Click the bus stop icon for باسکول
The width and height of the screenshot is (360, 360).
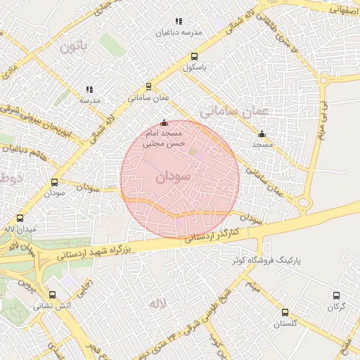click(194, 57)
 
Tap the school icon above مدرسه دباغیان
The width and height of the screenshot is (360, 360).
click(179, 21)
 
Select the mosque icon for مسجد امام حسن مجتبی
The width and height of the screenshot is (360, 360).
click(165, 122)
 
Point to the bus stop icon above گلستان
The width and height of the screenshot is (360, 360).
click(285, 312)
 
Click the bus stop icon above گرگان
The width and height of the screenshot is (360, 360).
click(335, 296)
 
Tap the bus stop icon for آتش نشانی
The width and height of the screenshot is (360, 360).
click(53, 295)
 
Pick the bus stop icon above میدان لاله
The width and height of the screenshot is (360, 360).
click(19, 219)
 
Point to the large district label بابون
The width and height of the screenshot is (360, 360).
click(76, 49)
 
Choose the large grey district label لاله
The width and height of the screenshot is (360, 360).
click(157, 304)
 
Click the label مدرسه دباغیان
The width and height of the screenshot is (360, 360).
click(182, 33)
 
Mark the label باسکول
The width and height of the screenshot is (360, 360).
click(195, 68)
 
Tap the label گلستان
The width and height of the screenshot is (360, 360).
click(286, 323)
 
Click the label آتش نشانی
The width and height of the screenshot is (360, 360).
click(53, 307)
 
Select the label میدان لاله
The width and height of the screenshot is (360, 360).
click(19, 230)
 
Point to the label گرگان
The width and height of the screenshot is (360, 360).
click(335, 307)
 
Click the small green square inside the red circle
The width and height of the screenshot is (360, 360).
click(193, 152)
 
